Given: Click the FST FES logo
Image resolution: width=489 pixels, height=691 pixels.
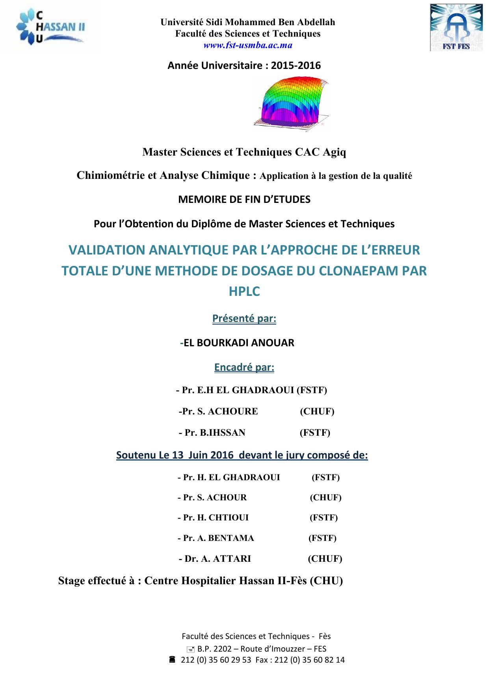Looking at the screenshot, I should coord(456,28).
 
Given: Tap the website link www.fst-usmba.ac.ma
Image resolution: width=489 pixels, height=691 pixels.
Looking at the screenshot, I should coord(247,45).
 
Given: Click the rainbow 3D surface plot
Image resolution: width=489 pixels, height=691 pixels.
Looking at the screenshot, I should coord(291,102).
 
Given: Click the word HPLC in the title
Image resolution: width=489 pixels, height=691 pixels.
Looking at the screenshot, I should coord(244,292).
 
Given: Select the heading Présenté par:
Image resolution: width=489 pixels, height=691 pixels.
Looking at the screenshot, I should coord(244,318).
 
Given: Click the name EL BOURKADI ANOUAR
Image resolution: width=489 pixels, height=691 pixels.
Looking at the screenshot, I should coord(239,343).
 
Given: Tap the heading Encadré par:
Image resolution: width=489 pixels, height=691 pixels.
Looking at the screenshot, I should coord(244,367).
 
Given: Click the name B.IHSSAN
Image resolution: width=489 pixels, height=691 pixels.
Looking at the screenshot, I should coord(223,433).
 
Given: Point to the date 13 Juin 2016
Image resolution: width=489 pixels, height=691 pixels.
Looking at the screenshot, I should coord(203,455).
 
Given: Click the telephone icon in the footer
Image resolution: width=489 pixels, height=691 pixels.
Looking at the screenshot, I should coord(172,659).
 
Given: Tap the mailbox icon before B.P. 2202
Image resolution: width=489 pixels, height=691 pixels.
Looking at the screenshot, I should coord(190,649).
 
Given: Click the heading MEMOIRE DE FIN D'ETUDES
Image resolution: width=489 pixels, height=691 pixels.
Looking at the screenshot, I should coord(244,199).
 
